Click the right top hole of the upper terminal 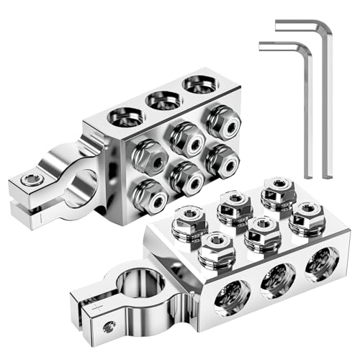point(201,86)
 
